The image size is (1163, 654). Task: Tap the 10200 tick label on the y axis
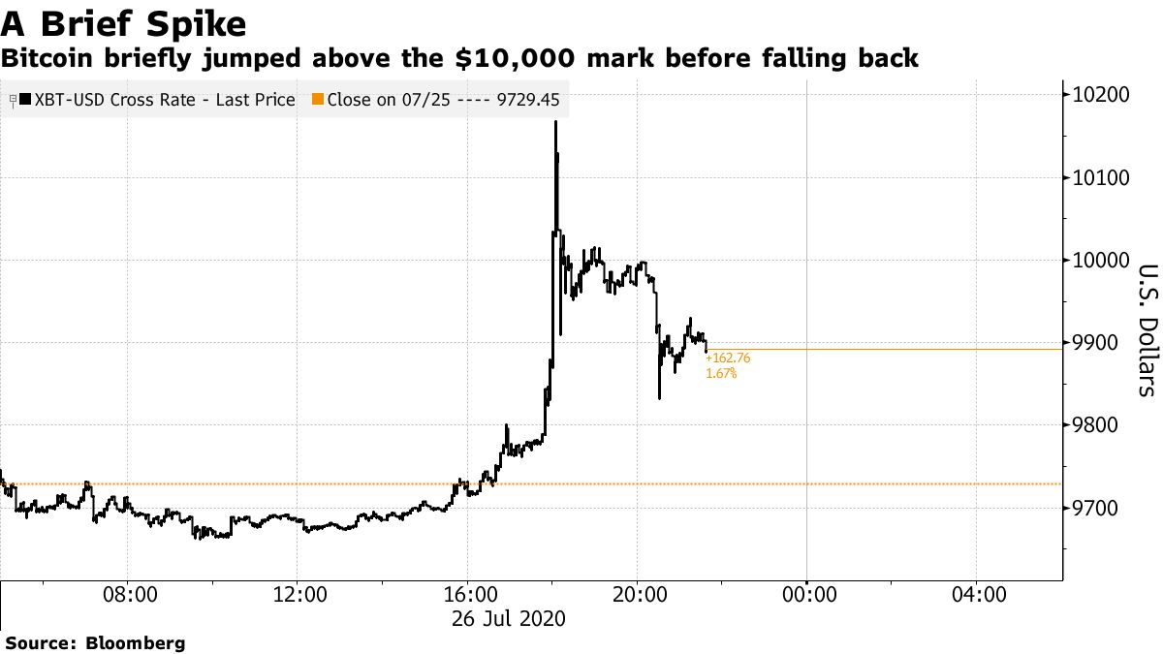[x=1102, y=95]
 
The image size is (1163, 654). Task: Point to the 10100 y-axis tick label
[x=1102, y=178]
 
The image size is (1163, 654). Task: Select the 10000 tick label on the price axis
[x=1102, y=261]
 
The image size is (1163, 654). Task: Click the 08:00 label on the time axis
[x=129, y=593]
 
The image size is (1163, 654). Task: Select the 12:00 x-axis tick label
[x=299, y=593]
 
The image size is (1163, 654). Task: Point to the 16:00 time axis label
[x=468, y=593]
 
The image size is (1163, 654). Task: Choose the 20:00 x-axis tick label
[x=638, y=593]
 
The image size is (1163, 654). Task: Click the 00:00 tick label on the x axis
[x=807, y=593]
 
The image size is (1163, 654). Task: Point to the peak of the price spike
[x=555, y=123]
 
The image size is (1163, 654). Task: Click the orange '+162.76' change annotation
[x=728, y=358]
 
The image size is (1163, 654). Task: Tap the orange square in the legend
[x=317, y=99]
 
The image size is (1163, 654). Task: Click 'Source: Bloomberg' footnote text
[x=95, y=642]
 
